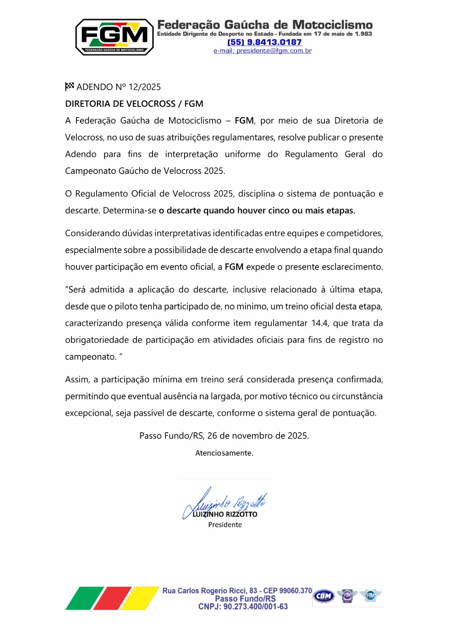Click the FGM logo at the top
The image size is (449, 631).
click(114, 37)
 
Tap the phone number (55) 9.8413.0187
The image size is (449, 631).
click(265, 42)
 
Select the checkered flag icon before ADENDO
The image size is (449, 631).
click(69, 86)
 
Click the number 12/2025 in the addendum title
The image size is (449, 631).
click(145, 87)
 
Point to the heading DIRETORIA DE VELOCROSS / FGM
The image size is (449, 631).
click(134, 104)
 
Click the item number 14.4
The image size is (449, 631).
click(319, 323)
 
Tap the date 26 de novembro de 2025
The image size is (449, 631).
click(258, 436)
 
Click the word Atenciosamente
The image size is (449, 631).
click(224, 453)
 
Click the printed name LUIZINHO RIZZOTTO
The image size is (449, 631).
click(225, 514)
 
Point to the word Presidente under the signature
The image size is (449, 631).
click(225, 525)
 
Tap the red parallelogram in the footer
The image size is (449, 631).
click(112, 598)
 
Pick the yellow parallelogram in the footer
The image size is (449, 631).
click(140, 598)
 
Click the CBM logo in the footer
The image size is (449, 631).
click(324, 596)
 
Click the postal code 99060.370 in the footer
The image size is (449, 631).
click(295, 591)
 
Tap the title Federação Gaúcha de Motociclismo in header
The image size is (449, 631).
click(265, 25)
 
